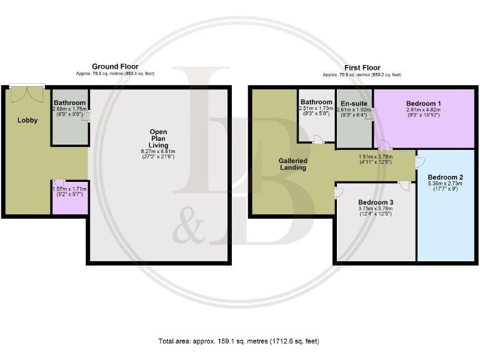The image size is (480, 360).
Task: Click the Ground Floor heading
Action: tap(115, 66)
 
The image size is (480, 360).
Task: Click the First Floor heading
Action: tap(362, 67)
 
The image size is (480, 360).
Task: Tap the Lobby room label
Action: tap(27, 121)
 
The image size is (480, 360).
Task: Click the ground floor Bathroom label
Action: tap(69, 102)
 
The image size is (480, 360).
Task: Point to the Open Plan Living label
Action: tap(158, 138)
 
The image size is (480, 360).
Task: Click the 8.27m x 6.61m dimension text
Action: tap(158, 151)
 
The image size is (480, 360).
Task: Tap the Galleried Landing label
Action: tap(292, 164)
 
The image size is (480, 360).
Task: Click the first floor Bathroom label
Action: tap(316, 102)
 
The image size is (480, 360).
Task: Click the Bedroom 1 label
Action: tap(423, 102)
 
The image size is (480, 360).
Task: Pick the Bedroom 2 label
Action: tap(446, 177)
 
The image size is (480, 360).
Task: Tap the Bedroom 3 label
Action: tap(376, 202)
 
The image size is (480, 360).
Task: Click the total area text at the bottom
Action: tap(239, 341)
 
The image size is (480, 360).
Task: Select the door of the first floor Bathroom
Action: tap(318, 141)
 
